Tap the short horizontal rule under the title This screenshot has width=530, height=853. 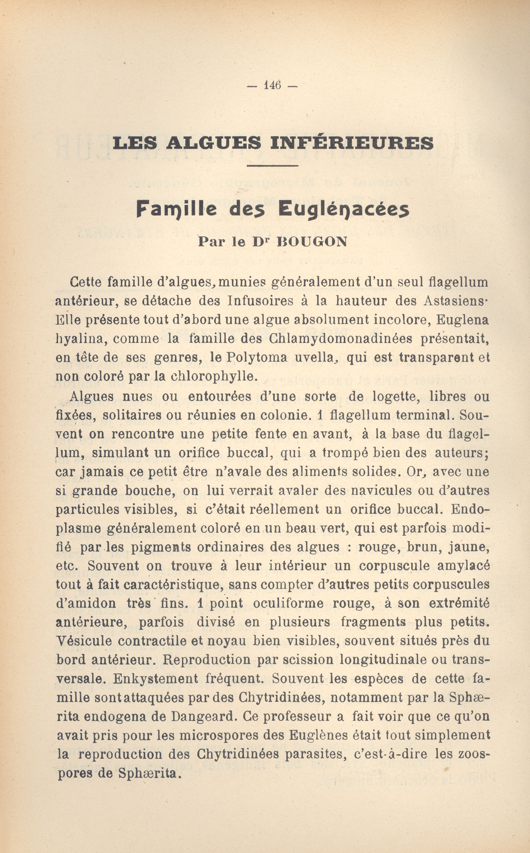(272, 166)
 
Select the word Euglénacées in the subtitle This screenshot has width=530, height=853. (344, 210)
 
